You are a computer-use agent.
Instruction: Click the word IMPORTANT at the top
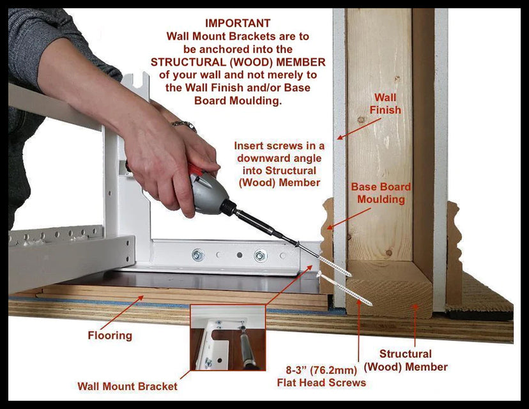238,23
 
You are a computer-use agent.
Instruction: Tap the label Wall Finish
385,104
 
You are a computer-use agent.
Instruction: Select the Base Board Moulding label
381,193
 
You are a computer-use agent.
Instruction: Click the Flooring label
110,336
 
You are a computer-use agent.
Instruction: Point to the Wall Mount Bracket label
128,387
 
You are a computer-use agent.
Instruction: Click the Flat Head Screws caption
321,376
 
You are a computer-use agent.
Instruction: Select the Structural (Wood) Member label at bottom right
406,360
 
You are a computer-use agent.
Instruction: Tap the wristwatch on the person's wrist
184,125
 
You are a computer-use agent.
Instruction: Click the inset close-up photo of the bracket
228,337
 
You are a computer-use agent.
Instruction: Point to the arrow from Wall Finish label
359,128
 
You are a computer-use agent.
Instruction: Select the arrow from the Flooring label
122,313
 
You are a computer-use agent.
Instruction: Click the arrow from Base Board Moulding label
349,219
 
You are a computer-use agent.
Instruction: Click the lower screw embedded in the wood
345,289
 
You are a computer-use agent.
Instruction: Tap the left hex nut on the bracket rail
198,255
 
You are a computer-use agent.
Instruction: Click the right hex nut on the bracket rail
260,256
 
